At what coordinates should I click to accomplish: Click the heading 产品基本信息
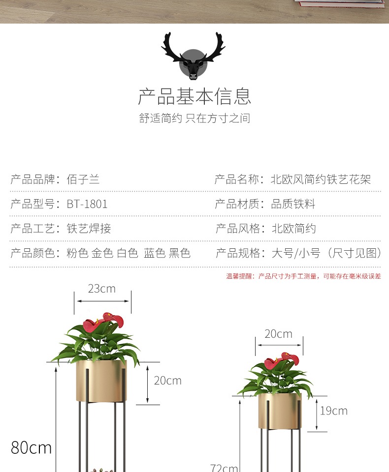click(x=194, y=96)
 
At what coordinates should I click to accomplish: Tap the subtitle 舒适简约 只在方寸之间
click(x=194, y=118)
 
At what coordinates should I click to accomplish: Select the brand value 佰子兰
click(x=83, y=179)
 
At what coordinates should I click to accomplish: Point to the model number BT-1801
click(x=87, y=204)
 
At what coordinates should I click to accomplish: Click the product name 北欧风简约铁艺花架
click(x=321, y=179)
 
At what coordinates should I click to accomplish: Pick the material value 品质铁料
click(x=293, y=204)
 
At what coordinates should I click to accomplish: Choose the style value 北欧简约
click(x=294, y=229)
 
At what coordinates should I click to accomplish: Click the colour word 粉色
click(x=77, y=253)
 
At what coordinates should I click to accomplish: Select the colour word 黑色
click(x=179, y=253)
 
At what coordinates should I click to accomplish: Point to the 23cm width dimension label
click(x=102, y=289)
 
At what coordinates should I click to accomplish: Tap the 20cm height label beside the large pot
click(x=167, y=381)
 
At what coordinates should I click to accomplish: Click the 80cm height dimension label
click(x=31, y=447)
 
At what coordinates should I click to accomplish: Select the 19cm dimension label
click(x=334, y=411)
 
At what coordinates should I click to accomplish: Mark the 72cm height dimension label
click(x=225, y=468)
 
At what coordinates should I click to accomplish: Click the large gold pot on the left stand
click(x=101, y=381)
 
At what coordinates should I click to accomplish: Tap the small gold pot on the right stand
click(x=280, y=411)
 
